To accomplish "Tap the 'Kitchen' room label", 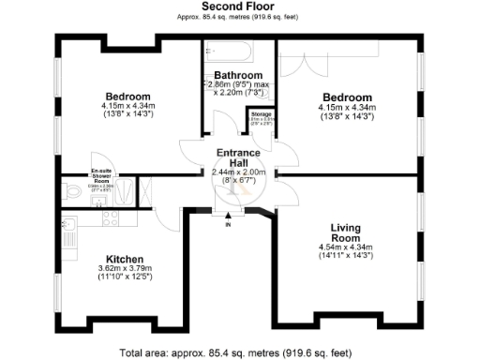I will click(x=124, y=259).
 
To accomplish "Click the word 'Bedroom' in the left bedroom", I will click(x=128, y=97).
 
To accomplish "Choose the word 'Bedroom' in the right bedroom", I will click(x=346, y=97).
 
